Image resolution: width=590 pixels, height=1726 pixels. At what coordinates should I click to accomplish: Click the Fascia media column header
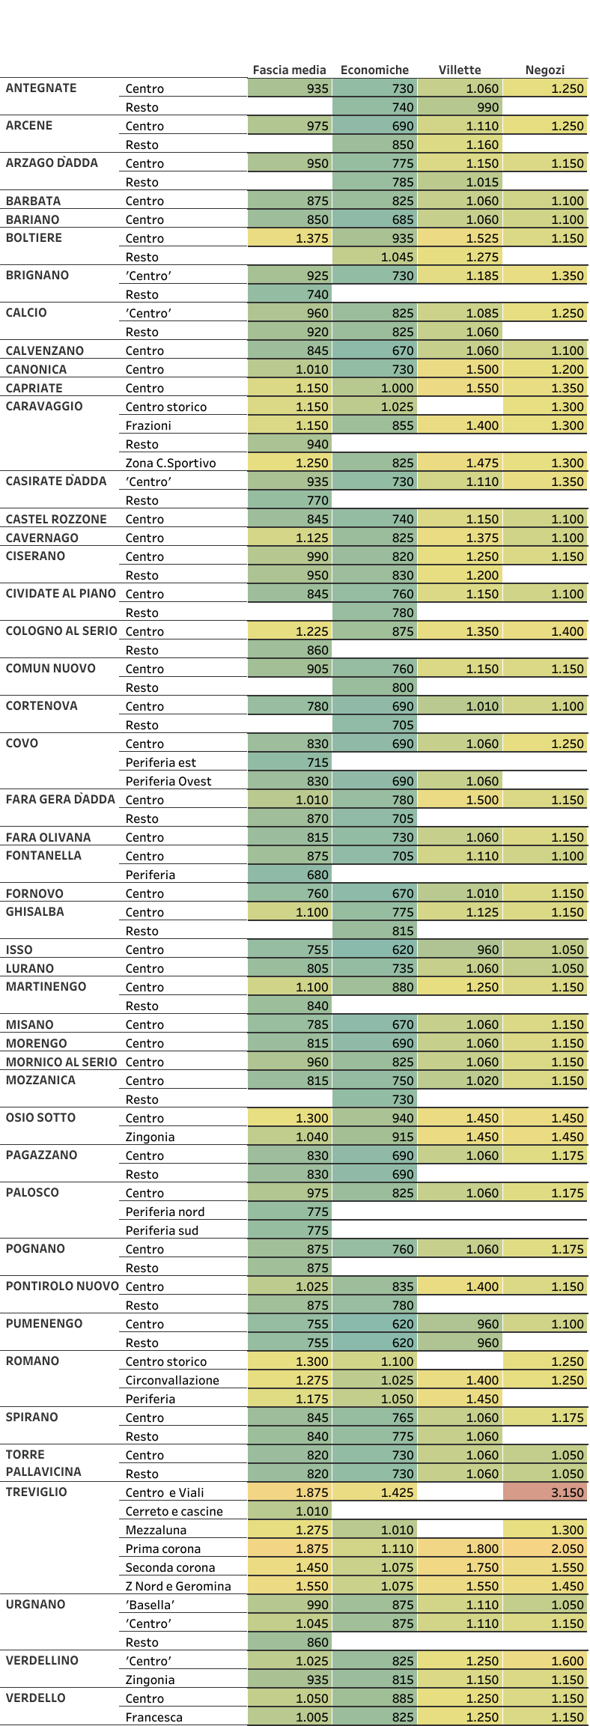tap(289, 70)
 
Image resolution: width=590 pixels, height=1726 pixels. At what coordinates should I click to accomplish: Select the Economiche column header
tap(374, 70)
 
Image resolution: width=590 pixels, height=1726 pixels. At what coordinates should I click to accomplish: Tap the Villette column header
tap(460, 70)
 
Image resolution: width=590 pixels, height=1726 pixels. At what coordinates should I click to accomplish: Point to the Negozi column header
tap(544, 70)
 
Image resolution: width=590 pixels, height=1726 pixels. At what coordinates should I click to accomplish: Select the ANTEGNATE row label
tap(41, 88)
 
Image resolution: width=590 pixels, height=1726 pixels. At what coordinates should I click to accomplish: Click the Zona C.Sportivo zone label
tap(171, 463)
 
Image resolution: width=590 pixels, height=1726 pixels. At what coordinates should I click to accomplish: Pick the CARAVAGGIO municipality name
tap(44, 406)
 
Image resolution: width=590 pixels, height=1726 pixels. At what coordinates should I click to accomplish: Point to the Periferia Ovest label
tap(168, 781)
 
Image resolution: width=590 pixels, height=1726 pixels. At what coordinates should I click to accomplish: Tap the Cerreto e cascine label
tap(174, 1511)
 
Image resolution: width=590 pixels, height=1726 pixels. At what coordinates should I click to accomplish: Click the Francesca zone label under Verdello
tap(154, 1717)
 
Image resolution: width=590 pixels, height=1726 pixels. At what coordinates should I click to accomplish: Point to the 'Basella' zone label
tap(150, 1605)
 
